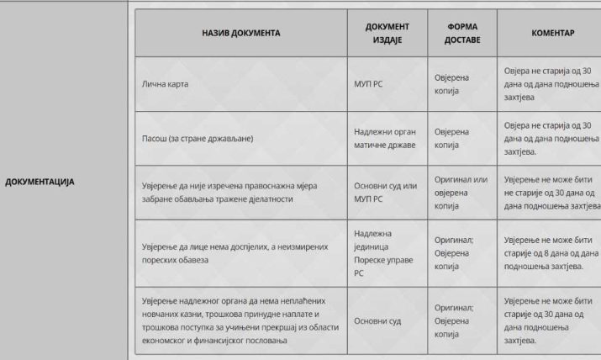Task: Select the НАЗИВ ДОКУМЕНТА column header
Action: click(x=240, y=34)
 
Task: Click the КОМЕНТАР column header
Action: click(x=551, y=34)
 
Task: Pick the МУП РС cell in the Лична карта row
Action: click(x=368, y=84)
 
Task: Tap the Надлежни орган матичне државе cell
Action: click(x=386, y=137)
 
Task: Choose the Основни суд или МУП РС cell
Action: click(x=386, y=193)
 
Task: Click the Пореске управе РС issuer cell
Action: click(x=384, y=249)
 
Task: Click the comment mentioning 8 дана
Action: click(x=551, y=249)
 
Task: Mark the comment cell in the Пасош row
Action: click(x=551, y=137)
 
